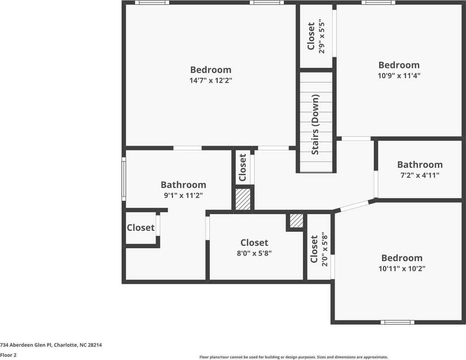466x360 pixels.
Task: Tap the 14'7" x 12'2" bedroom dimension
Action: pyautogui.click(x=211, y=80)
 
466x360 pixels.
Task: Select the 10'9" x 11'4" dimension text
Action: pyautogui.click(x=399, y=75)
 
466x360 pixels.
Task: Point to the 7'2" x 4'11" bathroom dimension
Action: pyautogui.click(x=420, y=175)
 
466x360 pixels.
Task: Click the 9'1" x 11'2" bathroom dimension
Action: pyautogui.click(x=183, y=195)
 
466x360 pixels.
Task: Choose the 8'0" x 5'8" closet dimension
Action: pyautogui.click(x=254, y=253)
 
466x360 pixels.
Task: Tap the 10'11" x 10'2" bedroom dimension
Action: pyautogui.click(x=402, y=268)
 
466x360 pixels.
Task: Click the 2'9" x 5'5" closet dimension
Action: pyautogui.click(x=321, y=37)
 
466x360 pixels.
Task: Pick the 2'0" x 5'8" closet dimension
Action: pyautogui.click(x=325, y=250)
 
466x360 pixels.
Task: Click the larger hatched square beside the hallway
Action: pyautogui.click(x=243, y=199)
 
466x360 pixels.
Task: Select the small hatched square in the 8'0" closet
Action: pyautogui.click(x=297, y=220)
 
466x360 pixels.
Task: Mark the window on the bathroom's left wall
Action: pyautogui.click(x=124, y=178)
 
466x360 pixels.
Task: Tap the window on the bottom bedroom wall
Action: pyautogui.click(x=397, y=322)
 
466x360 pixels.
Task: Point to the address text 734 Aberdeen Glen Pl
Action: pyautogui.click(x=51, y=345)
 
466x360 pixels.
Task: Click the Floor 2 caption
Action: pyautogui.click(x=8, y=355)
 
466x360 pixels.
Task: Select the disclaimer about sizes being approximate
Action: pyautogui.click(x=294, y=357)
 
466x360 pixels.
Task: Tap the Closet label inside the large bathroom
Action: pyautogui.click(x=141, y=228)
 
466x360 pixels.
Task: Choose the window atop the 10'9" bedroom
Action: pyautogui.click(x=378, y=3)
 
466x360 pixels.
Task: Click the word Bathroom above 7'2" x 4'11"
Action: pyautogui.click(x=420, y=165)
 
